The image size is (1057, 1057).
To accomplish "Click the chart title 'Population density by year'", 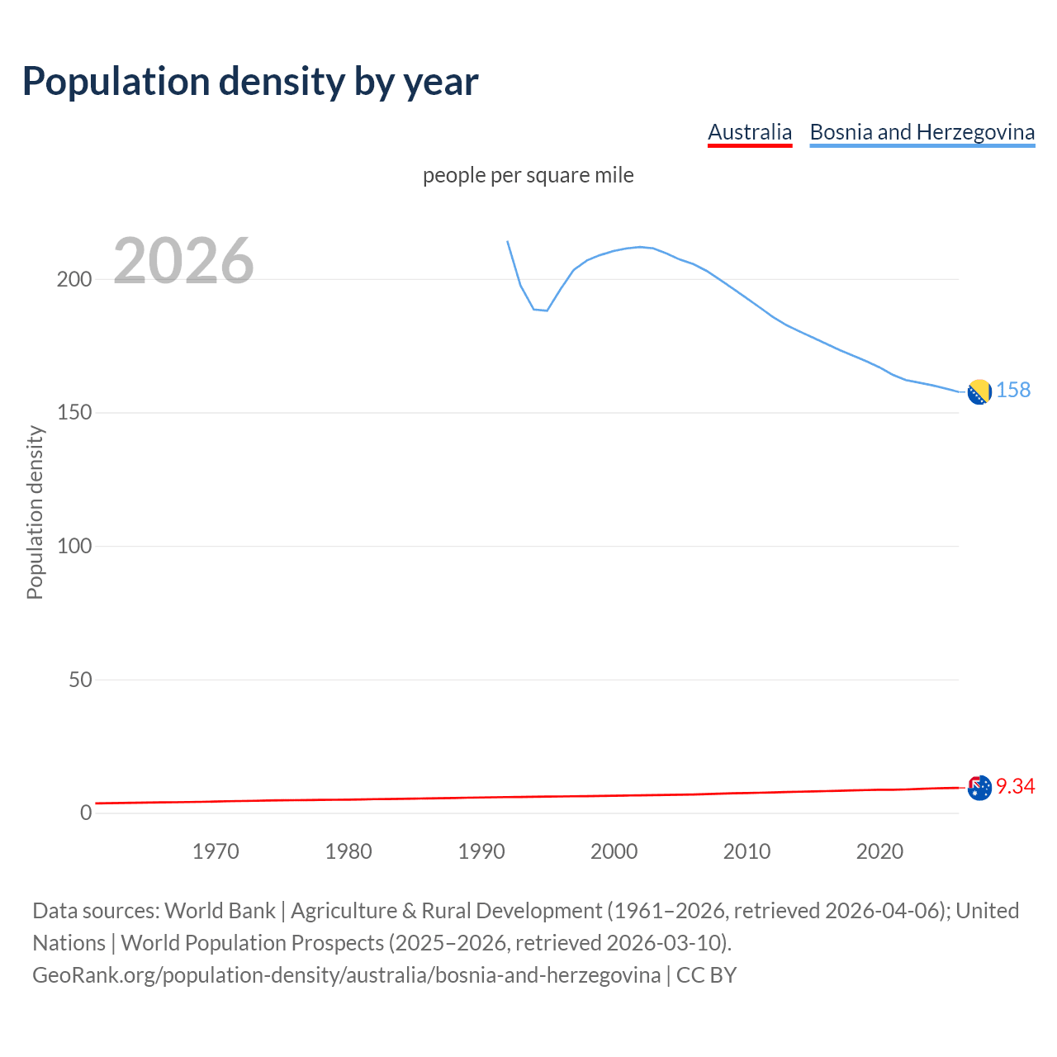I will [x=250, y=81].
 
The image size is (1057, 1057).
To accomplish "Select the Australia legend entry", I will [x=750, y=132].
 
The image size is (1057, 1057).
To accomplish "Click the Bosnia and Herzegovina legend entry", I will [x=922, y=132].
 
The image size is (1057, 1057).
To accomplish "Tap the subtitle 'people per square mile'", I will [x=528, y=176].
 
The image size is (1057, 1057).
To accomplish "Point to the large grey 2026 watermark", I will [x=183, y=261].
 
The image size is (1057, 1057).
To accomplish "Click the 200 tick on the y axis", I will [x=74, y=279].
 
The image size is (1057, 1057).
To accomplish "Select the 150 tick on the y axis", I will [x=74, y=413].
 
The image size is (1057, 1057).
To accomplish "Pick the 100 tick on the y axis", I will [x=74, y=546].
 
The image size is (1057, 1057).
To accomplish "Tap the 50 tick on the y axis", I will [x=80, y=680].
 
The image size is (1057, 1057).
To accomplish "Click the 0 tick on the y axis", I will [x=86, y=813].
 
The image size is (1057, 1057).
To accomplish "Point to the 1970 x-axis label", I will [x=216, y=851].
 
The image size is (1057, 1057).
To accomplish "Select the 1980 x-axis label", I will [x=348, y=851].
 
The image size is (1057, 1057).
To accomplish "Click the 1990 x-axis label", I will [x=481, y=851].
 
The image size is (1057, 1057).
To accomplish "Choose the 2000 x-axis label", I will [x=614, y=851].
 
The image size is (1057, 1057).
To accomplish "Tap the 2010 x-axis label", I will [x=747, y=851].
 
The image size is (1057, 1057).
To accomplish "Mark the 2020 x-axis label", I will [x=880, y=851].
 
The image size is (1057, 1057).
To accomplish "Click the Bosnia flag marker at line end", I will [x=979, y=392].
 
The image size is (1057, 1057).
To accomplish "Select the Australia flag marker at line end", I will [x=979, y=788].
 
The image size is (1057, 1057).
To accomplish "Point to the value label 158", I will [x=1013, y=390].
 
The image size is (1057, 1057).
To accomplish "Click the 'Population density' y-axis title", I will [x=35, y=512].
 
